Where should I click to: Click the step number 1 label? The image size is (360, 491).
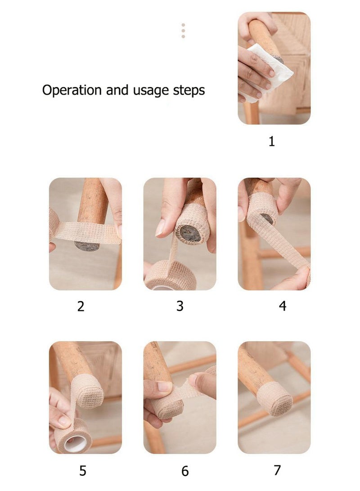point(271,141)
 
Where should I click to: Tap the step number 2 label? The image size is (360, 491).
point(81,306)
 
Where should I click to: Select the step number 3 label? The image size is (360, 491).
point(180,306)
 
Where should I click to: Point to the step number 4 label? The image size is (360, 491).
point(282,306)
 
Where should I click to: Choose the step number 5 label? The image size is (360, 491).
point(83,471)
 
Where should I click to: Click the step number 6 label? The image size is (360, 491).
point(185,471)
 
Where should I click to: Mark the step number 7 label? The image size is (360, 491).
point(277,470)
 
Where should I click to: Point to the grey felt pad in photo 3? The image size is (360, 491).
point(190,233)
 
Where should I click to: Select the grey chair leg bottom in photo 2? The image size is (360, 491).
point(87,246)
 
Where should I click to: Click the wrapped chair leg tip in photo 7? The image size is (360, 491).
point(274,399)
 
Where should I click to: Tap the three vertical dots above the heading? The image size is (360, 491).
point(183,31)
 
